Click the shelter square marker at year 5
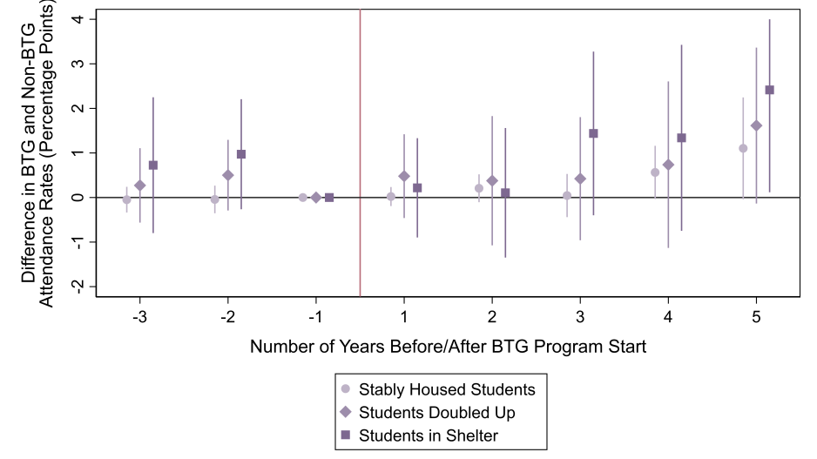tap(769, 90)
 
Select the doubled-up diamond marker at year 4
tap(668, 165)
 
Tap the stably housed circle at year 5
tap(743, 148)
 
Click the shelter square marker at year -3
tap(153, 165)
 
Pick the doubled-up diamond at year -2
tap(228, 175)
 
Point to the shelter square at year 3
tap(594, 133)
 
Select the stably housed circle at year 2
tap(479, 188)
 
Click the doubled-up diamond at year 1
tap(404, 176)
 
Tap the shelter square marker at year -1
tap(329, 198)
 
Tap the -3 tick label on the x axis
tap(139, 314)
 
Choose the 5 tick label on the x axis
tap(756, 314)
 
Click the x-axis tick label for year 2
tap(492, 314)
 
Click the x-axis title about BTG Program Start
tap(448, 347)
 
